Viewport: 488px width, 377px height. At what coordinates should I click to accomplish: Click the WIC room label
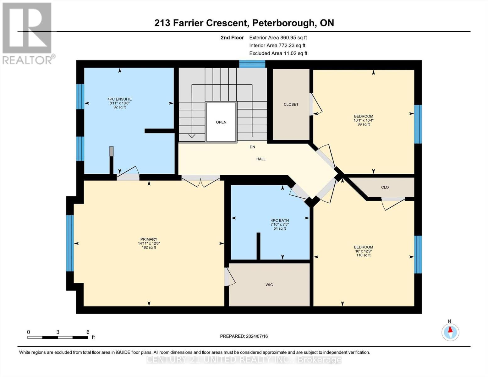tap(269, 285)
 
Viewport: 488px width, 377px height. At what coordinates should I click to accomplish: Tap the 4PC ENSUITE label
tap(119, 99)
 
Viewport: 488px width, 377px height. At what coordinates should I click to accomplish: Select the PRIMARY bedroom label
tap(149, 239)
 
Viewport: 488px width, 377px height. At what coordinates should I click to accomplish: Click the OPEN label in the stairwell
tap(221, 122)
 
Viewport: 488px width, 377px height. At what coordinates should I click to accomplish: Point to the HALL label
tap(261, 159)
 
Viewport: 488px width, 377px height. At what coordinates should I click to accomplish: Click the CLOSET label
tap(291, 104)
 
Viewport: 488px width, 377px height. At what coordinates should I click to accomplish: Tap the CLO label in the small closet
tap(385, 187)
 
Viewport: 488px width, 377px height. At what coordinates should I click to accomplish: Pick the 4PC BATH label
tap(280, 221)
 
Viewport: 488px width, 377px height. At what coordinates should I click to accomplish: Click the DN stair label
tap(252, 147)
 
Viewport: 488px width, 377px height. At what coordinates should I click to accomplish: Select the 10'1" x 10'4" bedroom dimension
tap(364, 120)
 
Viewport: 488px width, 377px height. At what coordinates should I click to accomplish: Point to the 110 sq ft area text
tap(363, 255)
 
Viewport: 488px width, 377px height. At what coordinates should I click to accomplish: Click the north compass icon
tap(450, 332)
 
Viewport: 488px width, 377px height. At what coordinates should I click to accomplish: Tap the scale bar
tap(58, 337)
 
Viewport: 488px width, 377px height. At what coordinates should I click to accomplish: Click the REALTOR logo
tap(28, 34)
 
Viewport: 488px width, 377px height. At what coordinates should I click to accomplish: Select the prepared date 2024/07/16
tap(257, 336)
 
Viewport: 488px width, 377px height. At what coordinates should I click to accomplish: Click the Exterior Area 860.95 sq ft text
tap(278, 38)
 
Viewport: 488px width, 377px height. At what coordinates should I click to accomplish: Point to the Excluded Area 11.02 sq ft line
tap(278, 53)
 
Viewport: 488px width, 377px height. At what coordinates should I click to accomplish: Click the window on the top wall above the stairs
tap(252, 64)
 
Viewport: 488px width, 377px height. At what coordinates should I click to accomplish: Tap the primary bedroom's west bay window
tap(70, 243)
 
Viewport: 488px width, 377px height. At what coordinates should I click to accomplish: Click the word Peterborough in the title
tap(283, 23)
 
